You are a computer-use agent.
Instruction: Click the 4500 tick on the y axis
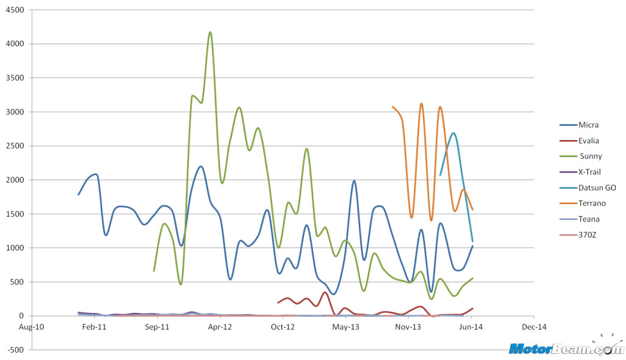point(14,10)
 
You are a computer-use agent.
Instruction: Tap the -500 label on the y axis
point(14,350)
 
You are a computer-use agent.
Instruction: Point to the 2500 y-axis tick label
point(14,146)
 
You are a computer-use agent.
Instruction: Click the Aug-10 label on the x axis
point(32,327)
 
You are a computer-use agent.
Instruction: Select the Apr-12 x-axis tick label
point(220,327)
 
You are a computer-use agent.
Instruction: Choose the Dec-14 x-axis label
point(534,327)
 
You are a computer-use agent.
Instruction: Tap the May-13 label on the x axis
point(346,327)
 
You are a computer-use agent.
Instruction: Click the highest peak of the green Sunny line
point(210,32)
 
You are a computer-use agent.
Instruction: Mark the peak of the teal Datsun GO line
point(453,133)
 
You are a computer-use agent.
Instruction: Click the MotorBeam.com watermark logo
point(566,347)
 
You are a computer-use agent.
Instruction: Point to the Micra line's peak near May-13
point(354,181)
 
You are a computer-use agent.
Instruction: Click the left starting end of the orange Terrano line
point(392,106)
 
